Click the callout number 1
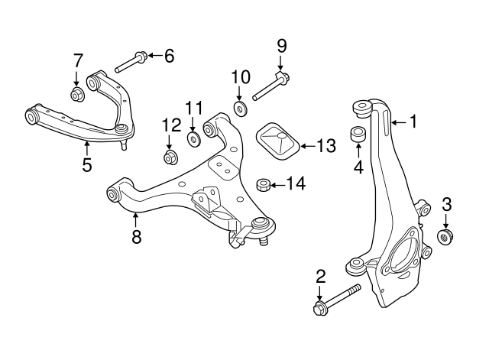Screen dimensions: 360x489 [x=413, y=121]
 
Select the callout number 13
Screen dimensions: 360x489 [x=325, y=145]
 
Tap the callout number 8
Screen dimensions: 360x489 [x=137, y=237]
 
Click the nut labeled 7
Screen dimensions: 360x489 [x=76, y=95]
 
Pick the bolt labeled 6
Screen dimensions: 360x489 [x=131, y=60]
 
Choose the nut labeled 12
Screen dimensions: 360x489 [x=170, y=157]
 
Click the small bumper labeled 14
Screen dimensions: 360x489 [x=261, y=184]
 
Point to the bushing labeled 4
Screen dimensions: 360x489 [x=357, y=135]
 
